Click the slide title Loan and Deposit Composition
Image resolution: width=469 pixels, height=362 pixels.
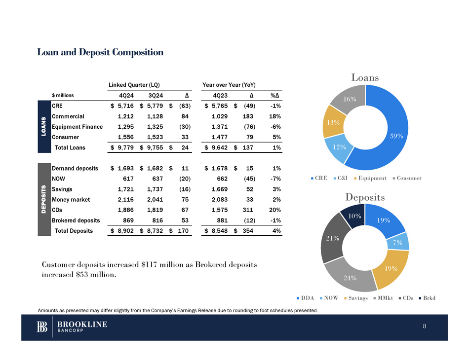point(100,52)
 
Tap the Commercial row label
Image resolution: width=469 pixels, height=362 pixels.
point(68,116)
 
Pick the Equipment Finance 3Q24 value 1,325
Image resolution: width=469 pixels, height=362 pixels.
point(151,127)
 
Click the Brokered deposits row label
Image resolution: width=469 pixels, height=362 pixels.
point(76,220)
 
